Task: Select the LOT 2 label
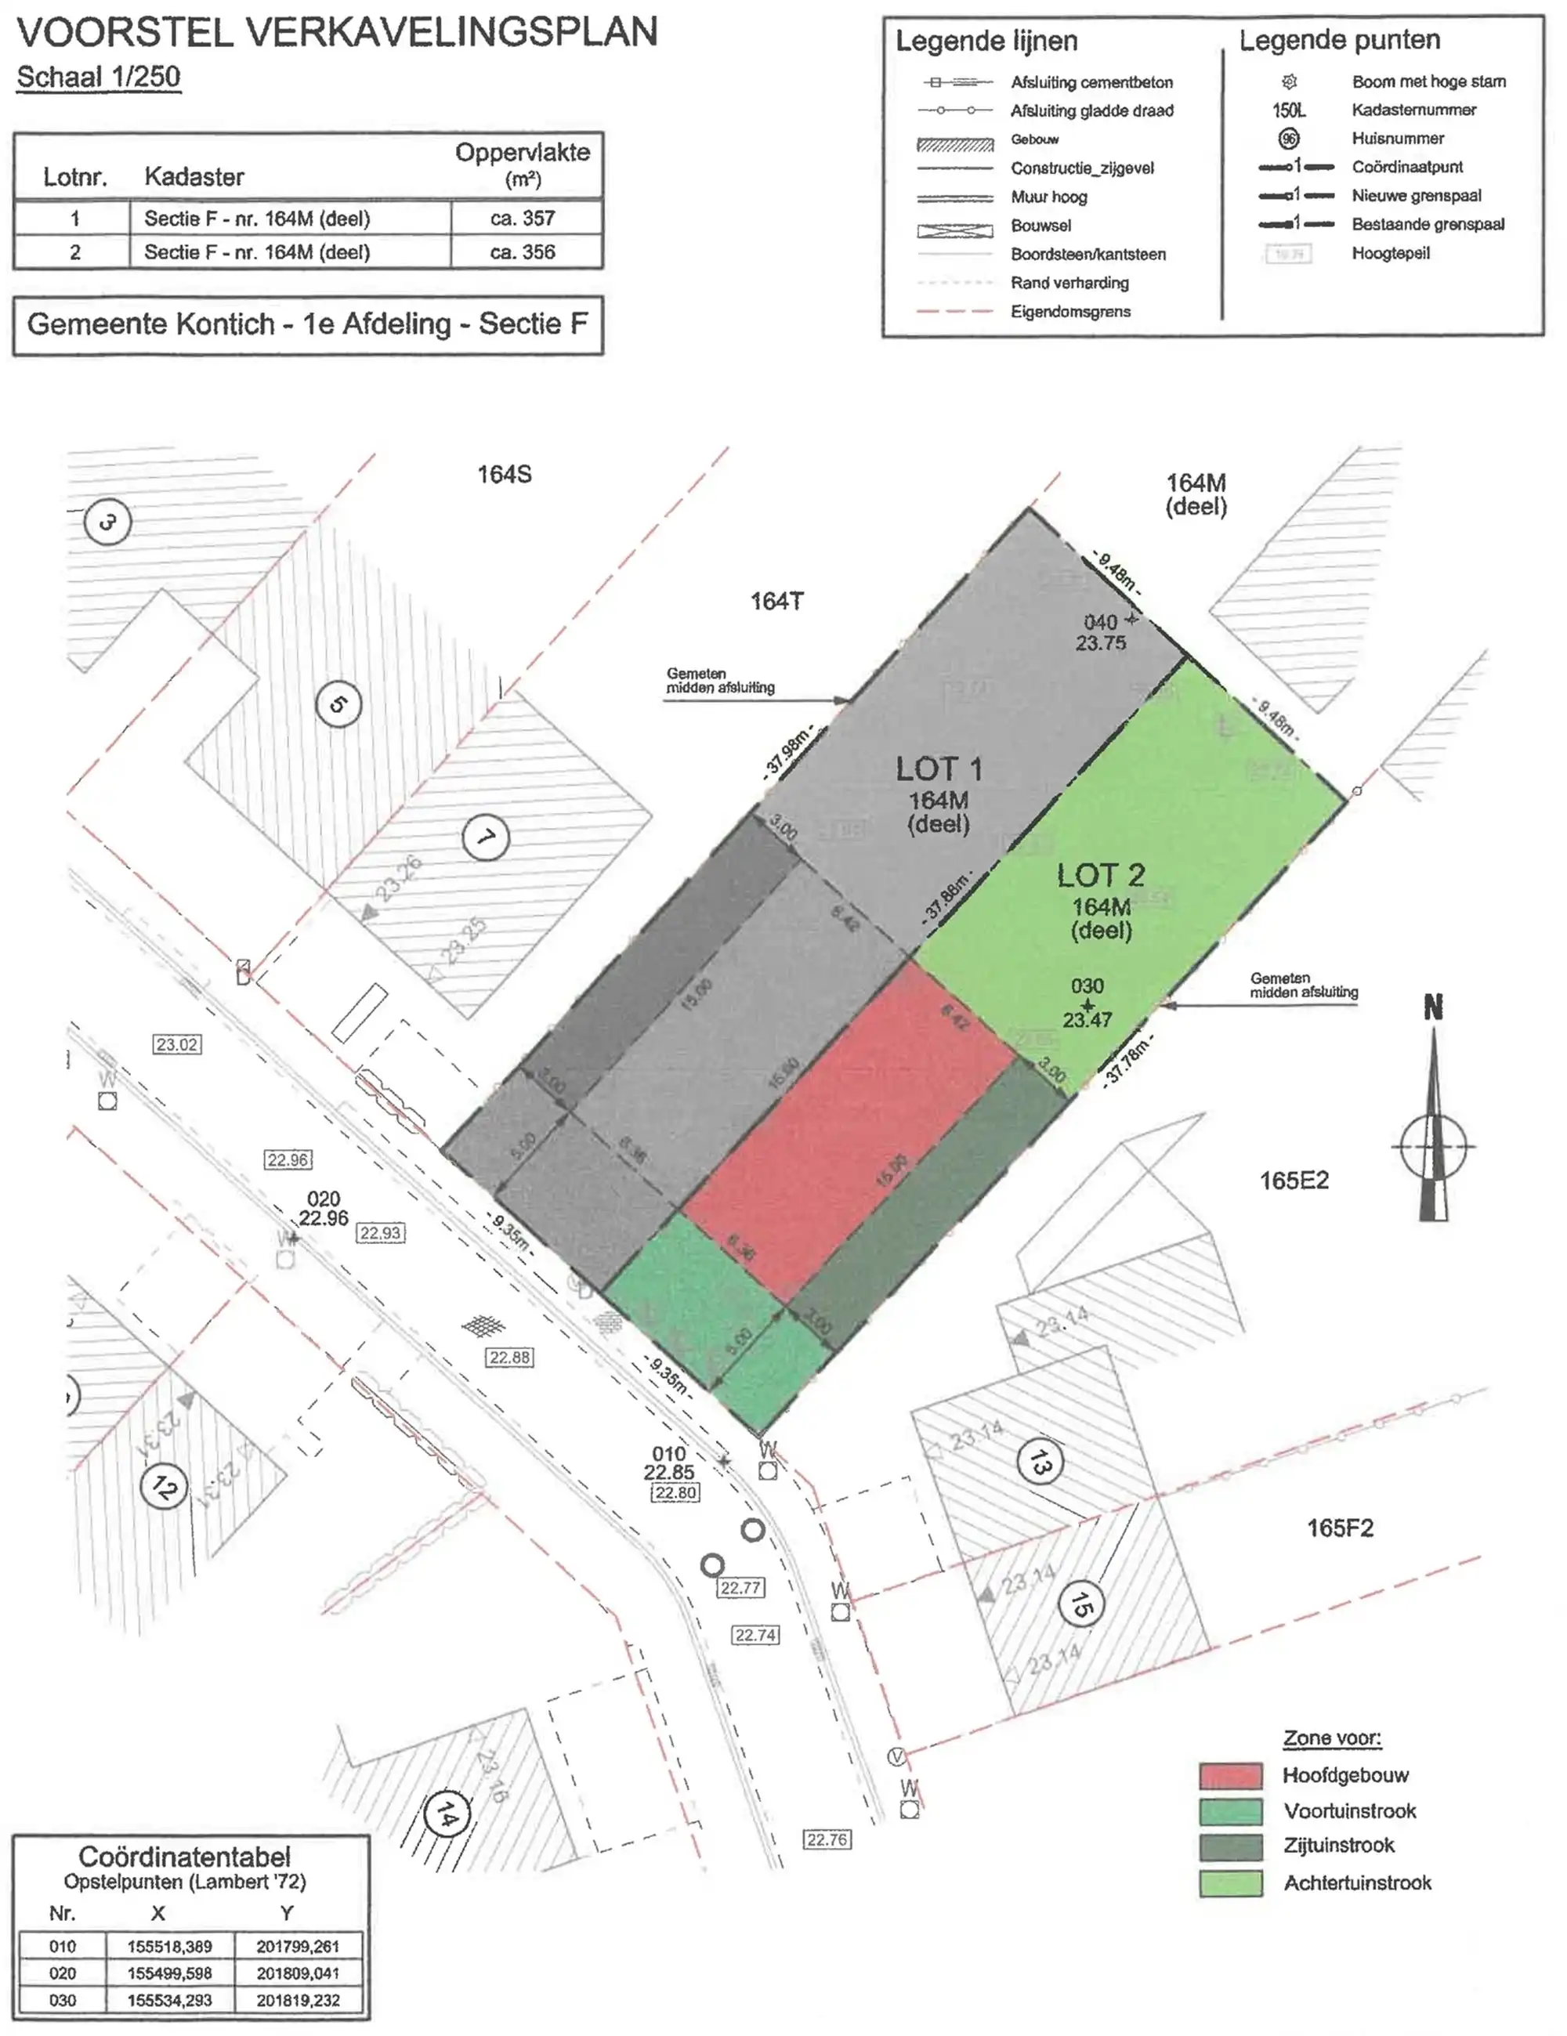[1100, 875]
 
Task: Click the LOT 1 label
[938, 769]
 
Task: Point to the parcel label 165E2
[1293, 1181]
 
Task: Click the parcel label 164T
[776, 602]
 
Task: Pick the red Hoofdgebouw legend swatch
[1229, 1775]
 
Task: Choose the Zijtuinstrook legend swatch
[1229, 1846]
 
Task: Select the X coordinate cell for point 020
[170, 1973]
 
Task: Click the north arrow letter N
[1433, 1007]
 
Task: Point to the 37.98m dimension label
[787, 750]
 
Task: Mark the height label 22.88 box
[510, 1358]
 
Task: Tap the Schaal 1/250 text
[99, 77]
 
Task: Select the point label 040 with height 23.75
[1101, 632]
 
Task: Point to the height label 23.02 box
[177, 1044]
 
